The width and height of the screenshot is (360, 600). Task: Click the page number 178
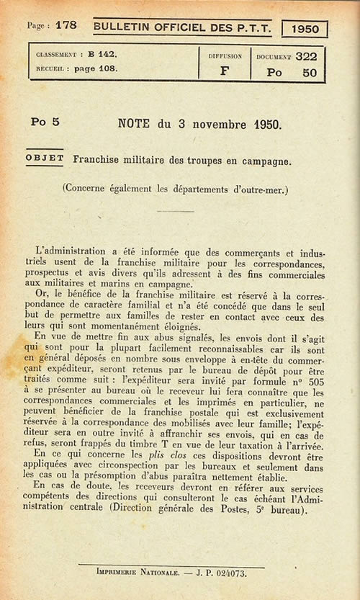coord(66,25)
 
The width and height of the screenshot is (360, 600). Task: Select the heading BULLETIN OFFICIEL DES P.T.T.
coord(182,27)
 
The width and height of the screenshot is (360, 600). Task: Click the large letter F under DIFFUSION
coord(223,71)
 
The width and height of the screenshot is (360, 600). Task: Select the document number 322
coord(305,56)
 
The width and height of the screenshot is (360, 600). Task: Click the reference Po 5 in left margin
coord(45,122)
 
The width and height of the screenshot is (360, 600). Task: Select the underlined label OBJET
coord(45,158)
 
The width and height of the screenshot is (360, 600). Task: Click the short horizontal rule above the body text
coord(176,211)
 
